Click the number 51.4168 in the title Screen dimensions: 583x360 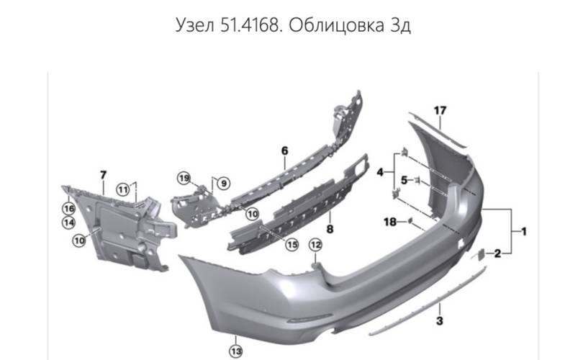tap(250, 26)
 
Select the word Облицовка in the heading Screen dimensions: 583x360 tap(337, 26)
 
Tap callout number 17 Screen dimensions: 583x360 tap(440, 110)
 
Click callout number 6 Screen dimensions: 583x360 tap(285, 150)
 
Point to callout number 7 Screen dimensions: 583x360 tap(103, 174)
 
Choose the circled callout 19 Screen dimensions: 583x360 tap(184, 179)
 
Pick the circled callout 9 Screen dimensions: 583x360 tap(223, 184)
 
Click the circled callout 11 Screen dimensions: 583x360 tap(123, 190)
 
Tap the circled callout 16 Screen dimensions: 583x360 tap(69, 209)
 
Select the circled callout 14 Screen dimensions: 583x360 tap(68, 222)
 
